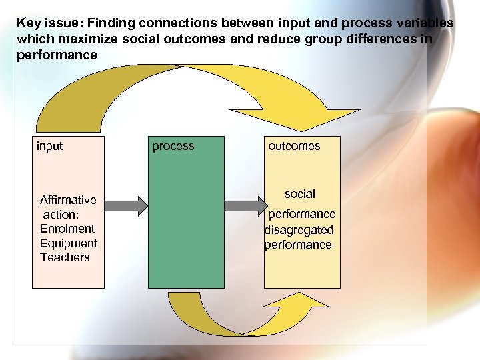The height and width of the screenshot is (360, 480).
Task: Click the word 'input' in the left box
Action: [x=50, y=146]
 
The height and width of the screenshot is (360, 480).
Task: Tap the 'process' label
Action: [x=173, y=146]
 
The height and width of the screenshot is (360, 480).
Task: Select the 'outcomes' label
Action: [x=294, y=146]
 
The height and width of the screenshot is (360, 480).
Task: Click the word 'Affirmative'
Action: [x=68, y=200]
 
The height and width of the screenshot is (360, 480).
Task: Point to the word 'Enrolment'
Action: [x=67, y=229]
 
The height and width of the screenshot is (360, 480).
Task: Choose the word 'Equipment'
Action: [x=69, y=243]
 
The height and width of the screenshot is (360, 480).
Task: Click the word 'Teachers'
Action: [x=65, y=257]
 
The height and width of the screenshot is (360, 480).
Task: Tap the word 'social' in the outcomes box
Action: [x=300, y=194]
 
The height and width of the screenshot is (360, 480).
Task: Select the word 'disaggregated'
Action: [x=299, y=230]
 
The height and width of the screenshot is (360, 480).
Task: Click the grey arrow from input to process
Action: [x=126, y=205]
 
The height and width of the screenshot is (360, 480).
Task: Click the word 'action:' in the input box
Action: [x=61, y=215]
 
